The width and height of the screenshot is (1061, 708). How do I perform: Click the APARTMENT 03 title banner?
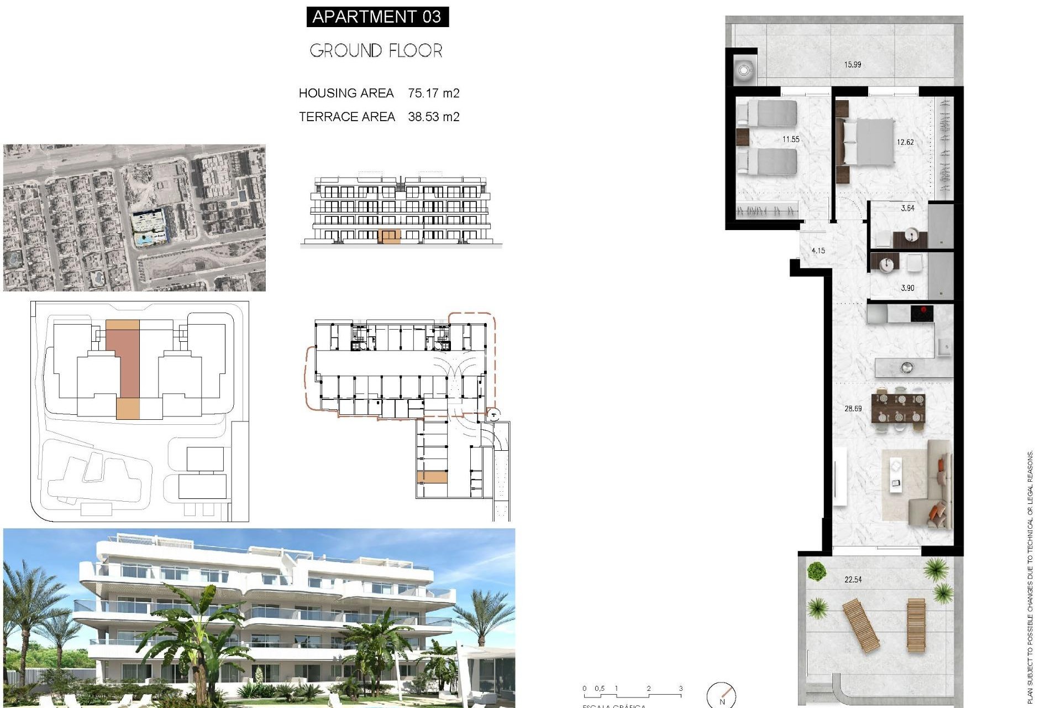[x=377, y=17]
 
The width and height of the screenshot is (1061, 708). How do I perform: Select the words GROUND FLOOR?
[x=376, y=51]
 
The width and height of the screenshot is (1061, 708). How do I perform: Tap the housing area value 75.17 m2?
[x=433, y=93]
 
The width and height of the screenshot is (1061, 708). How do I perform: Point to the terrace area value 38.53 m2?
[x=433, y=117]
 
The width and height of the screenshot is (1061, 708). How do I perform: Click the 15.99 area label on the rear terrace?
[x=852, y=65]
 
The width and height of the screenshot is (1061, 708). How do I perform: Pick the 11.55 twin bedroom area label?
[x=791, y=139]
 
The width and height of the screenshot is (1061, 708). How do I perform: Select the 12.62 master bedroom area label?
[x=905, y=142]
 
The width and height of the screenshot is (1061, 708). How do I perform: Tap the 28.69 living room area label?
[x=853, y=409]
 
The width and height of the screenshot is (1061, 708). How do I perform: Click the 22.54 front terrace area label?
[x=853, y=580]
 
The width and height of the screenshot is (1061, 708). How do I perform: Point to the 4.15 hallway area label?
[x=818, y=251]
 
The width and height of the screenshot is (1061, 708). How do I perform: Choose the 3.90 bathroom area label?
[x=907, y=288]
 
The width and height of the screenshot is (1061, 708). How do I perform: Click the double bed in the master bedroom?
[x=868, y=142]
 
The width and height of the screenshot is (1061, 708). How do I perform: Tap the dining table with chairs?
[x=899, y=408]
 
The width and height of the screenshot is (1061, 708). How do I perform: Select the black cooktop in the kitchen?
[x=922, y=313]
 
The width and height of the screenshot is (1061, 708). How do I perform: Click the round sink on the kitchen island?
[x=906, y=367]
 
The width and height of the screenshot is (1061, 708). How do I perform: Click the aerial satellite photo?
[x=134, y=217]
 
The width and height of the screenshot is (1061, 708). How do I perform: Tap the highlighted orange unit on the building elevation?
[x=390, y=237]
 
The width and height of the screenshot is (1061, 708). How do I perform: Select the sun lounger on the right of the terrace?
[x=916, y=624]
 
